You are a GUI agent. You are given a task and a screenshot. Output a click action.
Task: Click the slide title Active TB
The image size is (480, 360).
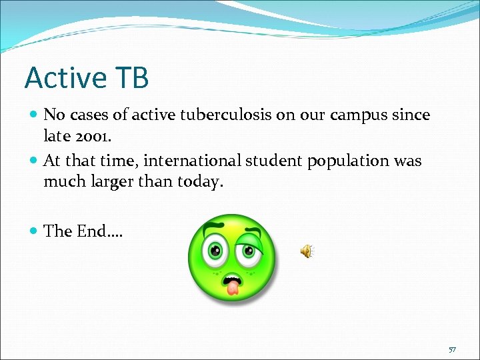pos(87,78)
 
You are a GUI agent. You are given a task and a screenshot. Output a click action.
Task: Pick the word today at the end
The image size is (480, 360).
pos(197,182)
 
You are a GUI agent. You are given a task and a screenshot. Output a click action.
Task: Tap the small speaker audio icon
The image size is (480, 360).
pos(306,251)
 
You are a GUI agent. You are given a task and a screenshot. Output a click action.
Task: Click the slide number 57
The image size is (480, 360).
pos(453,349)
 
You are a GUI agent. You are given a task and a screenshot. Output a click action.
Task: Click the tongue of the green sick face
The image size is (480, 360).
pos(232,287)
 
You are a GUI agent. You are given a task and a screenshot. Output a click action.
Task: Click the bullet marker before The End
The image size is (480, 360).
pos(34,232)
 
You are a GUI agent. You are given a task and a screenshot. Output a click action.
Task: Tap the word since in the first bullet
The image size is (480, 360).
pos(411,115)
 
